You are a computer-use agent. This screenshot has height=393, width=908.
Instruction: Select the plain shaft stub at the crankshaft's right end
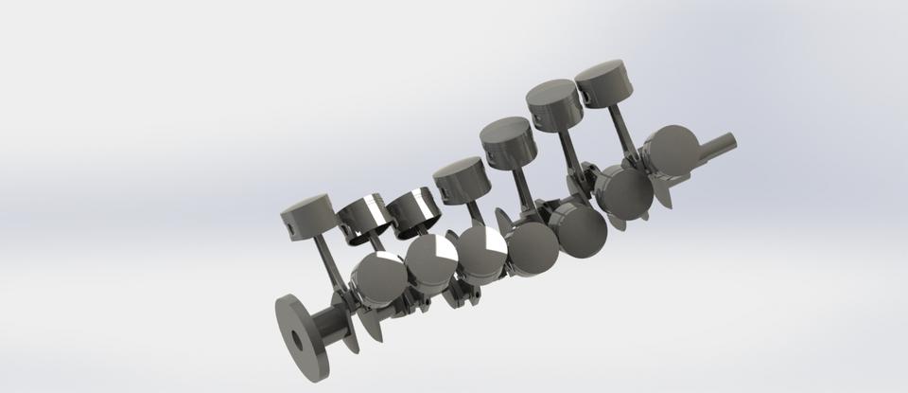pyautogui.click(x=720, y=144)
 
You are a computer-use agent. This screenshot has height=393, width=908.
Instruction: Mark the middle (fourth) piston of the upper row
pyautogui.click(x=461, y=179)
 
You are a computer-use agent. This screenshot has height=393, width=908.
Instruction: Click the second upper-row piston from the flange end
pyautogui.click(x=366, y=214)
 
